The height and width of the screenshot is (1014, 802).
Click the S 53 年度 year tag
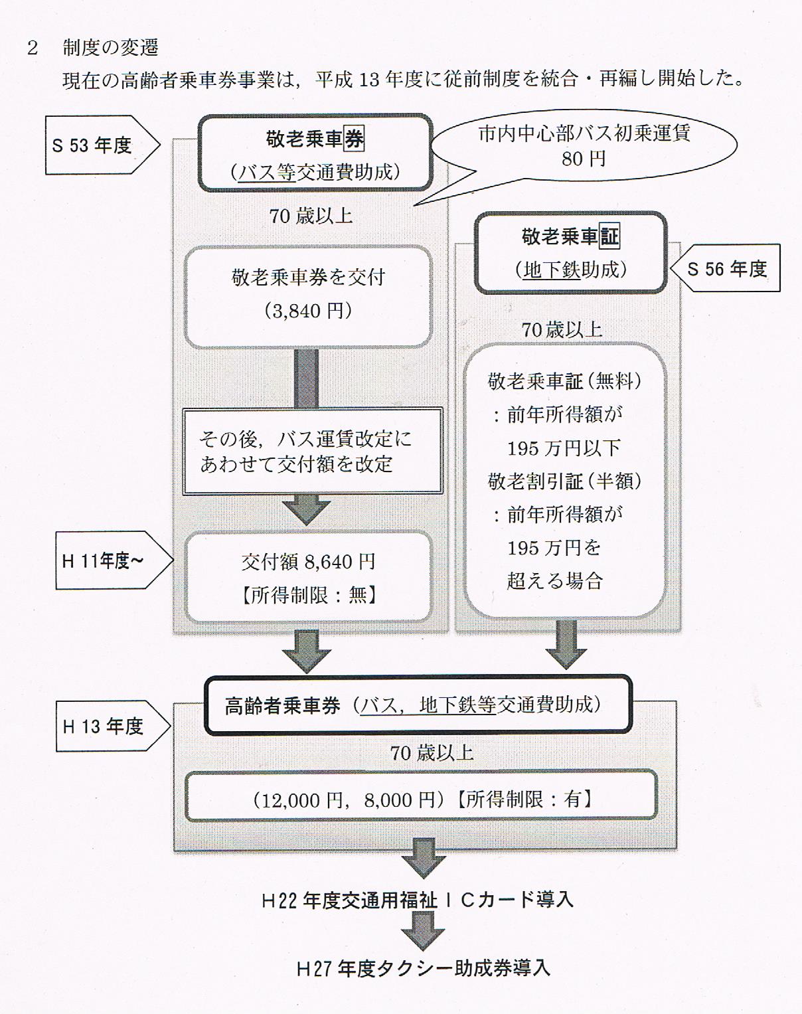pos(103,145)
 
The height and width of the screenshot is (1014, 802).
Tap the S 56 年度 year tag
pos(725,268)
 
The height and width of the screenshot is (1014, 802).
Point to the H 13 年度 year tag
pos(113,726)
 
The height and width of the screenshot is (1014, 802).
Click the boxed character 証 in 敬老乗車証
pos(609,236)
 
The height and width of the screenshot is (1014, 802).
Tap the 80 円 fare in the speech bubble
pos(584,159)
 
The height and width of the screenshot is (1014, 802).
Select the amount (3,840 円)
pos(308,311)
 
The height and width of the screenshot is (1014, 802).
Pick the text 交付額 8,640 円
pos(308,562)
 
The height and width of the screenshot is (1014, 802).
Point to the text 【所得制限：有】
pos(524,799)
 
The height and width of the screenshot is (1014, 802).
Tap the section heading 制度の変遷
pos(110,48)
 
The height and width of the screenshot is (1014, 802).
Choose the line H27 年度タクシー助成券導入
pos(424,968)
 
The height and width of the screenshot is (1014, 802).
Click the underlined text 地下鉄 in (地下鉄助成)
pos(551,270)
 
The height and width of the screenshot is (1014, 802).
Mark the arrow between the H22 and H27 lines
pos(423,930)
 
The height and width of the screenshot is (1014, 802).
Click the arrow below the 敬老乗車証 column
pos(566,645)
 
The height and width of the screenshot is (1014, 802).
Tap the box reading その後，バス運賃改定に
pos(313,451)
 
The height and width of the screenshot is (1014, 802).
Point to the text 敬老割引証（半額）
pos(564,481)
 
